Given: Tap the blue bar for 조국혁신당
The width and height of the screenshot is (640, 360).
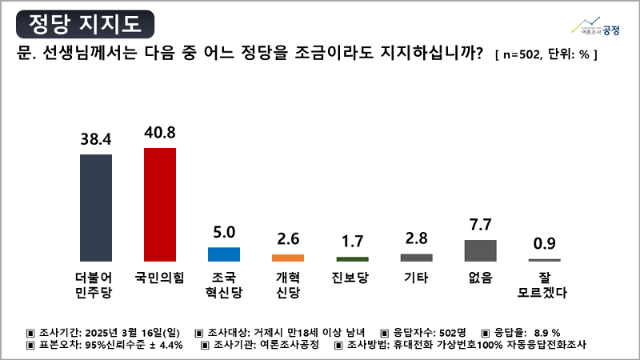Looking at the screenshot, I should click(x=224, y=254).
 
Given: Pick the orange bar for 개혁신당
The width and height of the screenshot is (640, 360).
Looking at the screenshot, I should click(x=288, y=258).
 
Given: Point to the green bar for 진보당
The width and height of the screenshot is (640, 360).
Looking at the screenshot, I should click(x=352, y=259).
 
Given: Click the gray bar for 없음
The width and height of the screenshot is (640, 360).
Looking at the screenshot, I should click(x=480, y=250).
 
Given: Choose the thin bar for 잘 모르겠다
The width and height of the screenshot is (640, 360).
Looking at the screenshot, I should click(x=544, y=260).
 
